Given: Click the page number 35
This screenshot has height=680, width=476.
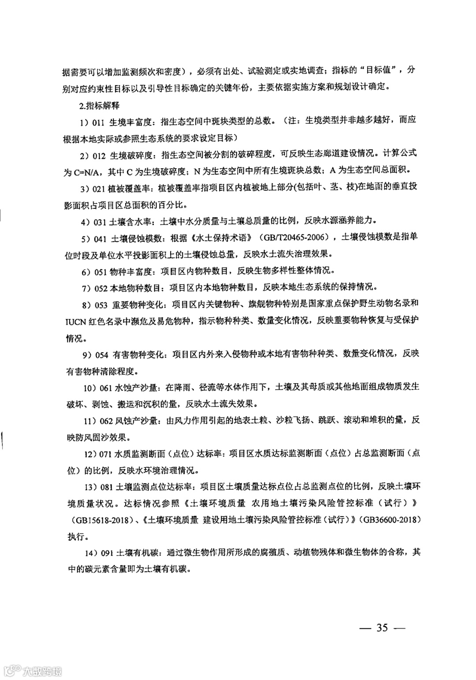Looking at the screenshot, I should pos(382,627).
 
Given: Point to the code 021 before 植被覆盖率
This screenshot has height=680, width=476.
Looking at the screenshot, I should pos(99,189).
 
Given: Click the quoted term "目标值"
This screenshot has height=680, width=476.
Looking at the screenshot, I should pos(380,70).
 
